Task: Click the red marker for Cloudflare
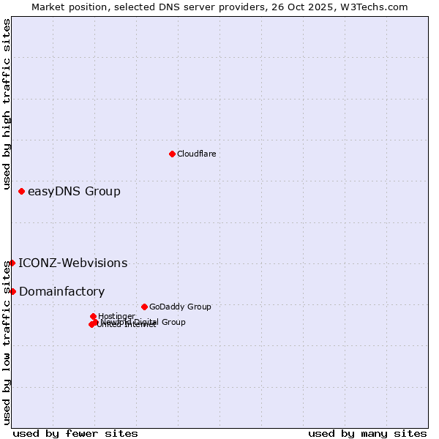point(172,154)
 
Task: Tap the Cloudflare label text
point(196,154)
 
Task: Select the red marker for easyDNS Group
point(21,192)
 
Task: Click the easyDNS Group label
point(74,192)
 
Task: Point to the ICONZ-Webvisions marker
point(12,263)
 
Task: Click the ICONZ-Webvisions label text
point(73,263)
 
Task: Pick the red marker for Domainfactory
point(12,291)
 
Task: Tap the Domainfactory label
point(61,292)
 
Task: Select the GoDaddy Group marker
point(144,307)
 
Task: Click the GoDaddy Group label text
point(180,307)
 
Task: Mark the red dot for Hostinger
point(93,316)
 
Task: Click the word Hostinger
point(116,316)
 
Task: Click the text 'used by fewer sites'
point(75,433)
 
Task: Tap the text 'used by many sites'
point(367,433)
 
